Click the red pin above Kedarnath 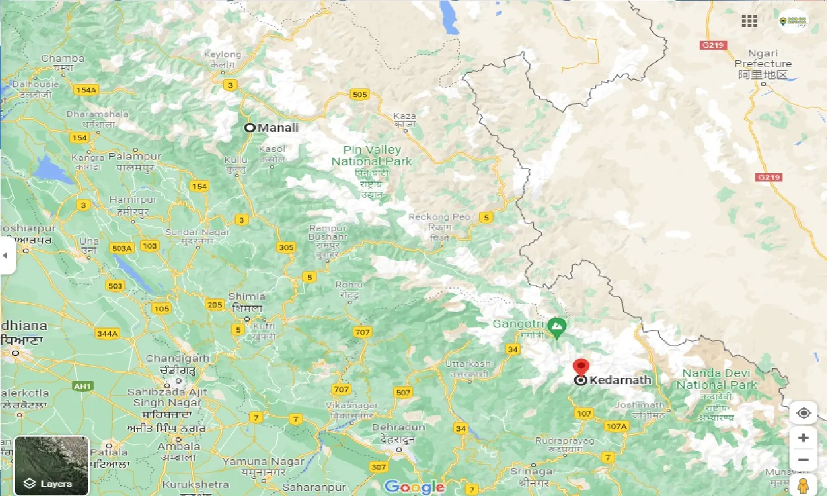click(581, 367)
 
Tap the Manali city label click(278, 128)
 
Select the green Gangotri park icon click(556, 327)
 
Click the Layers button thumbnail click(51, 466)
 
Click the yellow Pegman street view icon click(803, 485)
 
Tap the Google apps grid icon click(749, 21)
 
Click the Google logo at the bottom click(413, 487)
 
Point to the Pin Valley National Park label click(372, 156)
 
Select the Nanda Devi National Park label click(717, 379)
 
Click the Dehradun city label click(399, 428)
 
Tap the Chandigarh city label click(178, 358)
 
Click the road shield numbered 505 click(359, 95)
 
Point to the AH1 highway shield click(82, 386)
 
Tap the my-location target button click(803, 413)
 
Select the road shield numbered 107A click(616, 426)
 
